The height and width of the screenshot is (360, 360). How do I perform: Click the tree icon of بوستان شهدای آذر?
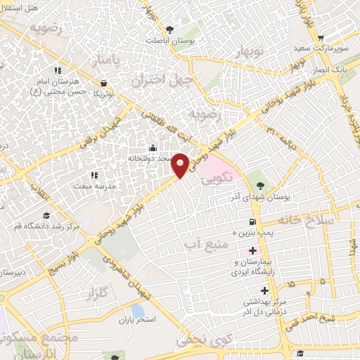coord(261,186)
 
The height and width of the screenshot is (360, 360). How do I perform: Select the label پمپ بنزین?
coord(255,231)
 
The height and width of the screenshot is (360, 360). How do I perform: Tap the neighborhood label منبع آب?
coord(197,244)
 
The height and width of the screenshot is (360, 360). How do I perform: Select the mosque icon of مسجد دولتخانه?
coord(153,148)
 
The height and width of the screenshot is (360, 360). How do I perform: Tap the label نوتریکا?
coord(103,93)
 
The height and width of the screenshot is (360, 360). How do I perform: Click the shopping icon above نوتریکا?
coord(103,83)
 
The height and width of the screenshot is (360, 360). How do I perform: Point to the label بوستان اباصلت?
coord(169,40)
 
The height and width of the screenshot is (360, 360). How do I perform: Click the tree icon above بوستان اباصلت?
coord(169,30)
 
